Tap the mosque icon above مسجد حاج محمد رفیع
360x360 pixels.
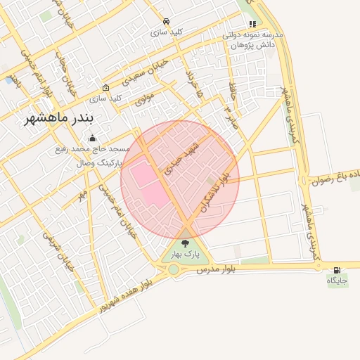(x=92, y=138)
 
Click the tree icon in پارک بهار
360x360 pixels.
(x=186, y=243)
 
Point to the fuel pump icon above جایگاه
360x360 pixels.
(x=337, y=270)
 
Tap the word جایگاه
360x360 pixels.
(x=337, y=281)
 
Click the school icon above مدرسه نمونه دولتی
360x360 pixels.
(x=252, y=24)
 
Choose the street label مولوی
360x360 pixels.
(x=143, y=101)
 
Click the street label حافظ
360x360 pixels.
(x=232, y=89)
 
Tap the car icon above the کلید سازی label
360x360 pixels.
(x=166, y=22)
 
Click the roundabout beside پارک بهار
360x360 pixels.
(x=173, y=269)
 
